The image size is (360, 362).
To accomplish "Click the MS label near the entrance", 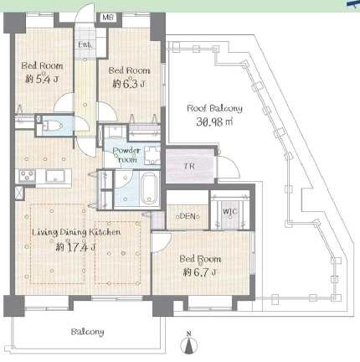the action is pos(108,18).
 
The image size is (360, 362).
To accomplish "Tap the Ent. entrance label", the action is pos(85,44).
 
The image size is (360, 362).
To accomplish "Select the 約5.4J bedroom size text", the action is pos(42,80).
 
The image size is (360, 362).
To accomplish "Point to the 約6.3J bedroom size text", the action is pos(129,84).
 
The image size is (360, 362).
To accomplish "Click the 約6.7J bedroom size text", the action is pos(200,272).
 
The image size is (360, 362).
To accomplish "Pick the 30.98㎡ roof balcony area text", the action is pos(214,122).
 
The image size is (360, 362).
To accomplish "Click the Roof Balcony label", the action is pos(214,108).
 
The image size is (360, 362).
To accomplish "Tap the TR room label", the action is pos(189,167).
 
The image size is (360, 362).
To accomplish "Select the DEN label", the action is pos(188,216).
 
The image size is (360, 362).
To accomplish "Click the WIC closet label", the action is pos(230,211).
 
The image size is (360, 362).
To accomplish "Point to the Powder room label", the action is pos(127,155).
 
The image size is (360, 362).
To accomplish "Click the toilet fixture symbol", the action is pos(52,126).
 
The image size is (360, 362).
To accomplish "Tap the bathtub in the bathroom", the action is pos(149,189).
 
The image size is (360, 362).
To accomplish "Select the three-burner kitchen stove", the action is pos(27,176).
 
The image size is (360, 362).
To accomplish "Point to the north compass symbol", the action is pos(189,344).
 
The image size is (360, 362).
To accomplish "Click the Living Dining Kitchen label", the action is pos(76,232).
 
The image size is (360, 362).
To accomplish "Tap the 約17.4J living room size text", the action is pos(75,247).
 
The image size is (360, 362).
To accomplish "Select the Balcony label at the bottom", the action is pos(87,332).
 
